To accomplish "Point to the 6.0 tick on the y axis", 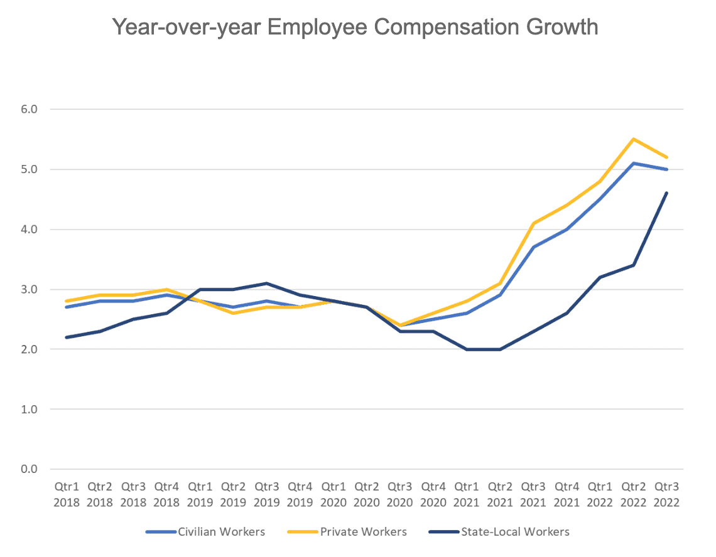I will (29, 109).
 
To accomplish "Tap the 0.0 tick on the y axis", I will (29, 469).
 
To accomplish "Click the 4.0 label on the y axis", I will (29, 230).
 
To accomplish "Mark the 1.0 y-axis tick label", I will (29, 410).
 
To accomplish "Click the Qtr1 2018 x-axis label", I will (67, 495).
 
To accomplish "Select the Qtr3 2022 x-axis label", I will (666, 495).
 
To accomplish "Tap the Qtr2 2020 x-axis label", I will (366, 495).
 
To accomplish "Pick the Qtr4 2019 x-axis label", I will (300, 495).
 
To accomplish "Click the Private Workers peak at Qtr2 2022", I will (633, 139).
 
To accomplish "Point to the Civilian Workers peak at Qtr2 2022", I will (633, 163).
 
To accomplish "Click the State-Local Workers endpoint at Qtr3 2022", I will (666, 193).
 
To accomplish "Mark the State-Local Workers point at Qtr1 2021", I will (467, 349).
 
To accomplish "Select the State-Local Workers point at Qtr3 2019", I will (266, 283).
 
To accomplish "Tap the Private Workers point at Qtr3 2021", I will (533, 223).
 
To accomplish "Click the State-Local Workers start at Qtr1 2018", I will (67, 337).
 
